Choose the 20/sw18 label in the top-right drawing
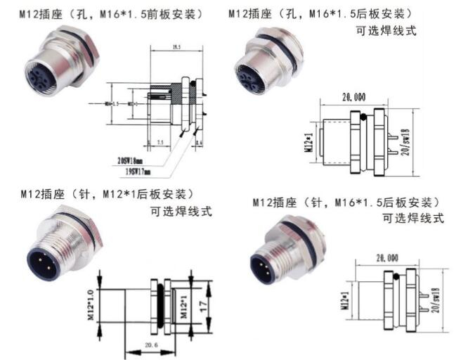point(406,144)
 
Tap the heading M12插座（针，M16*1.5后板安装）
point(347,202)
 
